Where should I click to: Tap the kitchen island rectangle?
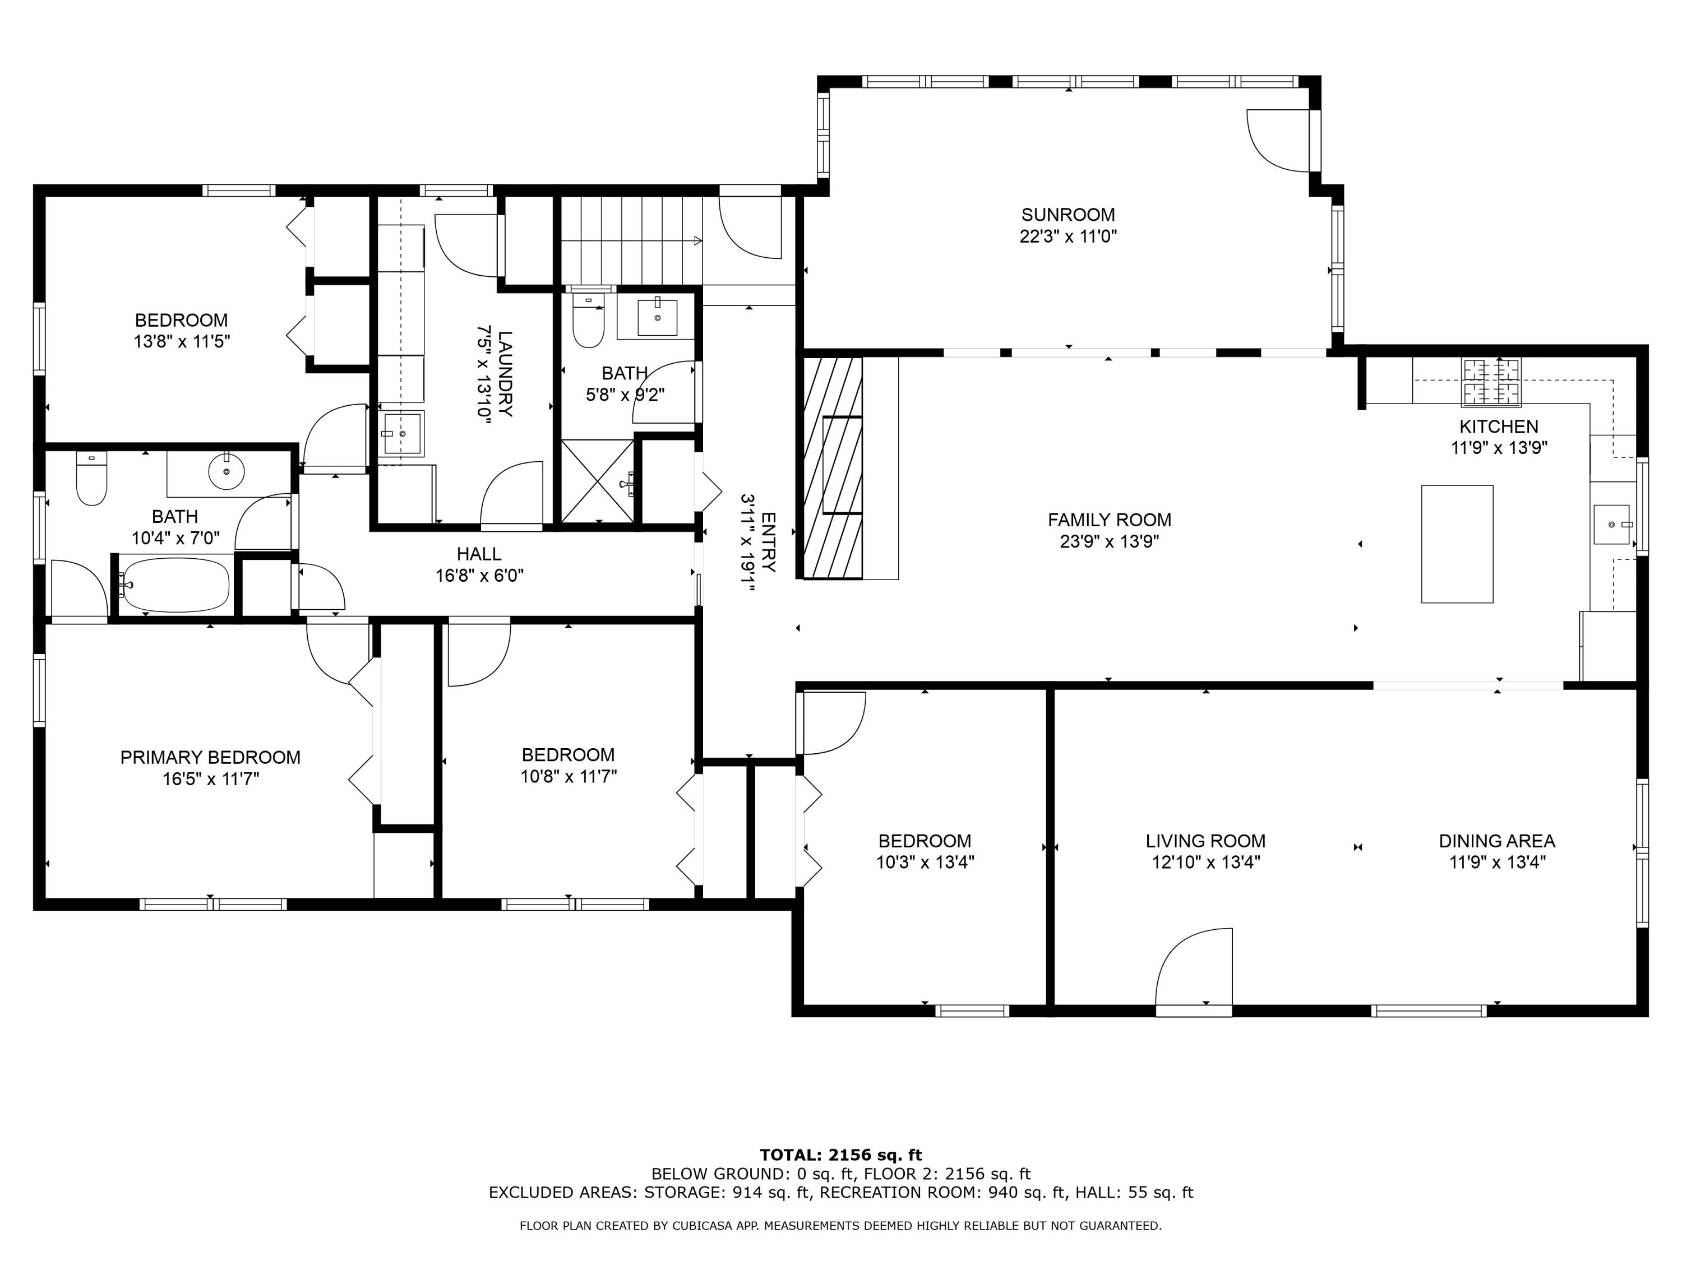tap(1457, 544)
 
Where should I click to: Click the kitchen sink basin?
tap(1612, 525)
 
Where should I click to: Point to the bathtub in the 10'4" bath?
tap(175, 585)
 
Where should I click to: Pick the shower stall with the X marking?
tap(597, 481)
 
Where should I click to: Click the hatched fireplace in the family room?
tap(833, 467)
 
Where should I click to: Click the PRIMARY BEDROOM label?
tap(211, 758)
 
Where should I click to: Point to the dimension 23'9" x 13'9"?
tap(1110, 541)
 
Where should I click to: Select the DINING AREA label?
tap(1496, 841)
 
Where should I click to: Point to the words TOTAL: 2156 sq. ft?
tap(841, 1155)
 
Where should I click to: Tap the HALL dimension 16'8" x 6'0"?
tap(480, 576)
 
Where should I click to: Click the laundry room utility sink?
tap(402, 433)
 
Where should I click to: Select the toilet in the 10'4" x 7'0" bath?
tap(92, 479)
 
